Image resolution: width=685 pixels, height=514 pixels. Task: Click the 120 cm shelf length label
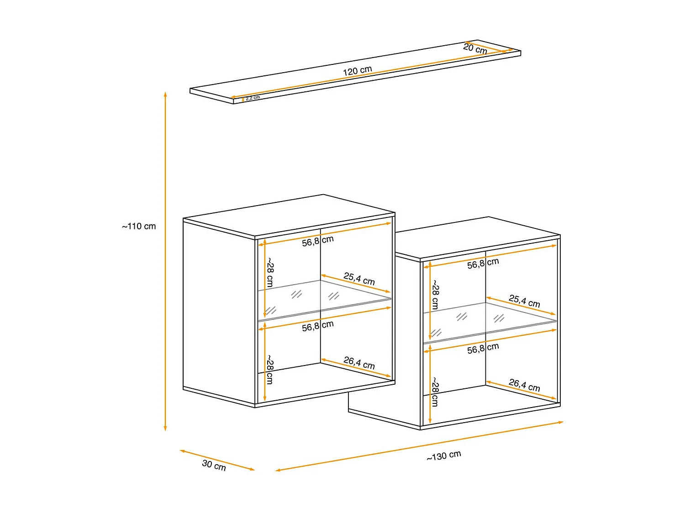357,71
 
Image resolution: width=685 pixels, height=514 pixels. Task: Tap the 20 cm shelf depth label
475,48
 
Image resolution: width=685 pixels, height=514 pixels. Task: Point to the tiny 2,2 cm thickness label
253,98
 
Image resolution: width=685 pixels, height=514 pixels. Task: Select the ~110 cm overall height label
139,226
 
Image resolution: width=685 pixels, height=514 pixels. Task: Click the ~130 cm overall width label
444,456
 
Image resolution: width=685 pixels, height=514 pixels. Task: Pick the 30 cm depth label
214,465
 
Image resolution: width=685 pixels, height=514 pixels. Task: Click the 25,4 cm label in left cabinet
359,279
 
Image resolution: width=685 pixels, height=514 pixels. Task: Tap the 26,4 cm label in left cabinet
359,363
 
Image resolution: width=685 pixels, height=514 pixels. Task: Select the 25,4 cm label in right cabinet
524,301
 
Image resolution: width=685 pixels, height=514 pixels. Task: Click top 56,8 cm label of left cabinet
317,241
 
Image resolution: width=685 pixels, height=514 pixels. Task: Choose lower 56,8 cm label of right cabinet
483,349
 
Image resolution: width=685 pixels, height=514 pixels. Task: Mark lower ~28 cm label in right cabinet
435,392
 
